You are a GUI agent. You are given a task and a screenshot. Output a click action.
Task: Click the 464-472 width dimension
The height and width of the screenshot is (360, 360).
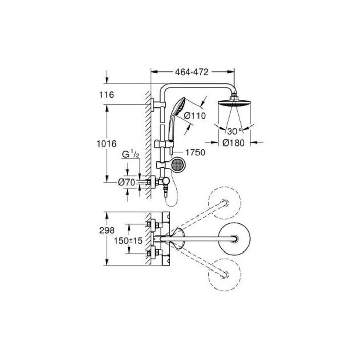coord(192,72)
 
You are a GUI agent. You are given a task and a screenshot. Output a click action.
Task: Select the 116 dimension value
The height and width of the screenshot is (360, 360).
coord(106,95)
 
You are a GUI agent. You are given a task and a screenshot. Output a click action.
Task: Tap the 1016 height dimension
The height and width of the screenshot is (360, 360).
coord(106,143)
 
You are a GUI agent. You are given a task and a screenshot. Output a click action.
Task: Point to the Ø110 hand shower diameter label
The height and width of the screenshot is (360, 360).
coord(195,116)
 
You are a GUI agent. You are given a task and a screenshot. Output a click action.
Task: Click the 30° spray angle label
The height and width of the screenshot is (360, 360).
coord(235,131)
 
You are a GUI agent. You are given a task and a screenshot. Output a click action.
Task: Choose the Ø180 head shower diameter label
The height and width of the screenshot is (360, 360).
coord(233,143)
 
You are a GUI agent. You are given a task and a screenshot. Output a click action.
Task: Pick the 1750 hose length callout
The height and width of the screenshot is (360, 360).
coord(195,152)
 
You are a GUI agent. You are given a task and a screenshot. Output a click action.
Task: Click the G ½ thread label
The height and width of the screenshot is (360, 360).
coord(131,154)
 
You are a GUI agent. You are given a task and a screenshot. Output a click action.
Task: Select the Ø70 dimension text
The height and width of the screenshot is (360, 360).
coord(127,183)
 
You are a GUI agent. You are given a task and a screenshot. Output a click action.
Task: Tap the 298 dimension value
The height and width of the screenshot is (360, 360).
coord(106,230)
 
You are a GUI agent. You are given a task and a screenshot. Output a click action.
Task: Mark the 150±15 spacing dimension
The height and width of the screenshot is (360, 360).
coord(129,241)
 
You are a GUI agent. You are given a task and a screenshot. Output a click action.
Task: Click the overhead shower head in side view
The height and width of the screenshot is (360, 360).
coord(234,103)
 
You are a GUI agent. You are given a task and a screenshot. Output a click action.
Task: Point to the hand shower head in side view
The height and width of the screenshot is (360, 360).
coord(177,118)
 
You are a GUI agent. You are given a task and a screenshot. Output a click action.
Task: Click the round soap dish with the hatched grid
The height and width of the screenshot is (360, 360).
coord(177,165)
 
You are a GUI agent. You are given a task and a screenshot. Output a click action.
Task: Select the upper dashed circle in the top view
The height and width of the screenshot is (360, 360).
coord(225,203)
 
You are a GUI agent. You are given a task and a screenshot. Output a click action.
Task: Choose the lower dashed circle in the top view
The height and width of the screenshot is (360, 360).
coord(225,275)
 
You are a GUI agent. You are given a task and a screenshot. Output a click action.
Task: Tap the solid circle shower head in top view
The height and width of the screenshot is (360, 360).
coord(234,239)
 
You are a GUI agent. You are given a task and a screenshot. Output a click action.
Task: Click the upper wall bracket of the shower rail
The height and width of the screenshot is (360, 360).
coord(158,105)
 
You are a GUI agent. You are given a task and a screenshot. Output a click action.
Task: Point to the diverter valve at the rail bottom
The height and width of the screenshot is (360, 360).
coord(165,182)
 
